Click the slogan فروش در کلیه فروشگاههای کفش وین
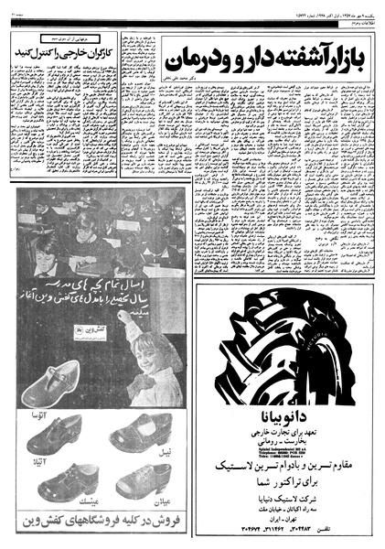click(101, 525)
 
